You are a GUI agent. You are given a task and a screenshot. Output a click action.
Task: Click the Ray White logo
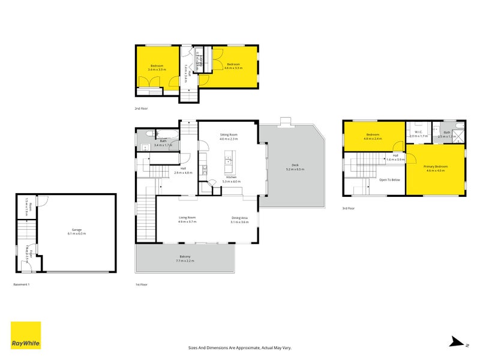(26, 335)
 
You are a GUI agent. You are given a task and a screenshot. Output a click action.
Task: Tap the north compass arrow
(458, 343)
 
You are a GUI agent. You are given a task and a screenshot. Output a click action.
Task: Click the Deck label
(295, 166)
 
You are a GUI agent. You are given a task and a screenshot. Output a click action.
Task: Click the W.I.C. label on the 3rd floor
(418, 133)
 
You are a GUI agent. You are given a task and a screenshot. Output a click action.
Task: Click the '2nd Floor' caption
(141, 109)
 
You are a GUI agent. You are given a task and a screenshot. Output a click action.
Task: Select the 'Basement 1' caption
(22, 284)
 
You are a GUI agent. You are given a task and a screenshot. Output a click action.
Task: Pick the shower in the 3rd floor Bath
(458, 145)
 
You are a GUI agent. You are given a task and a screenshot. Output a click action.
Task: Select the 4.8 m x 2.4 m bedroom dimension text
(373, 139)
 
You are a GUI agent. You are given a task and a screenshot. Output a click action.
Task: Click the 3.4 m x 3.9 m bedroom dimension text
(157, 70)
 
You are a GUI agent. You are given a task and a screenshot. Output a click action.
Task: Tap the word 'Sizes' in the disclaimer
(193, 347)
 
